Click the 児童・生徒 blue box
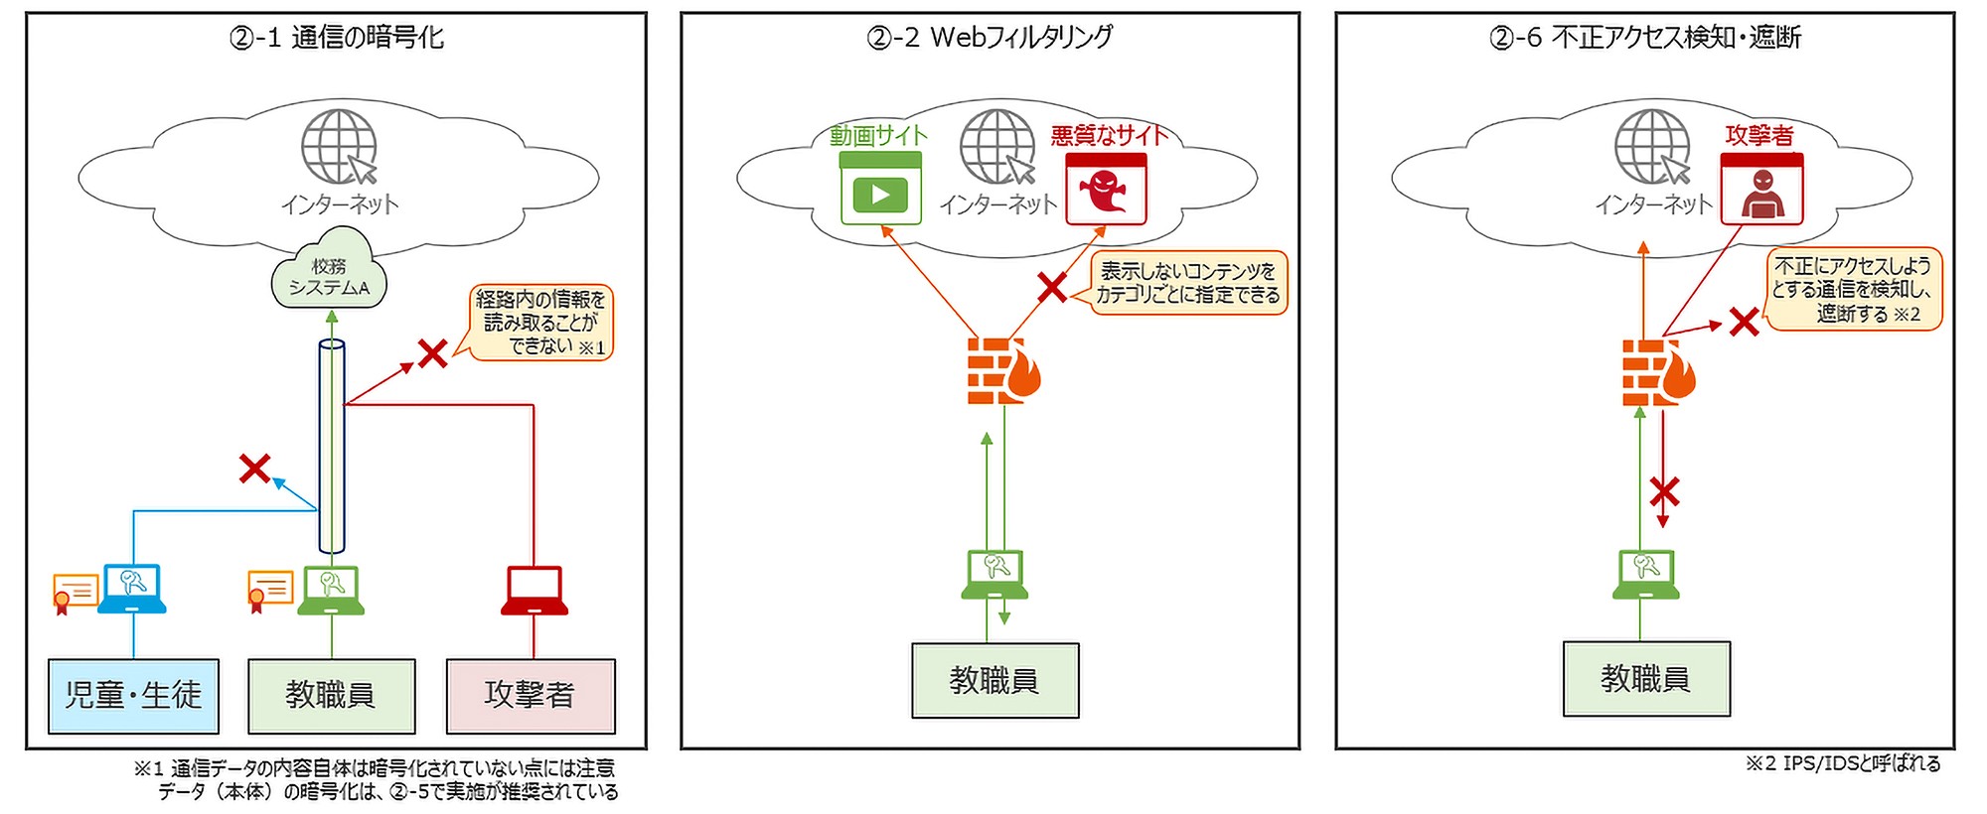click(x=133, y=695)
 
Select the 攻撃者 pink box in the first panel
click(x=531, y=695)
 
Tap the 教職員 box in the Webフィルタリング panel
click(x=994, y=681)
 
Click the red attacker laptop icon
click(x=534, y=591)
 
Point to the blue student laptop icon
click(x=132, y=589)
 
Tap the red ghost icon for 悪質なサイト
click(x=1105, y=190)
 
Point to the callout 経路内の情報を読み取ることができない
click(x=541, y=323)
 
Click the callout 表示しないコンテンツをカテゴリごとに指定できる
click(x=1188, y=283)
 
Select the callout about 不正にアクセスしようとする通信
click(x=1853, y=289)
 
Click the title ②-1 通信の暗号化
click(x=337, y=38)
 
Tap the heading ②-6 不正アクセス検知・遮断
click(x=1644, y=38)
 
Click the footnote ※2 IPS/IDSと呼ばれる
click(x=1842, y=762)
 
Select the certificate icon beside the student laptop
click(x=75, y=592)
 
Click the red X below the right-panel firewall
click(x=1664, y=491)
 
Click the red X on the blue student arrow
click(x=255, y=468)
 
